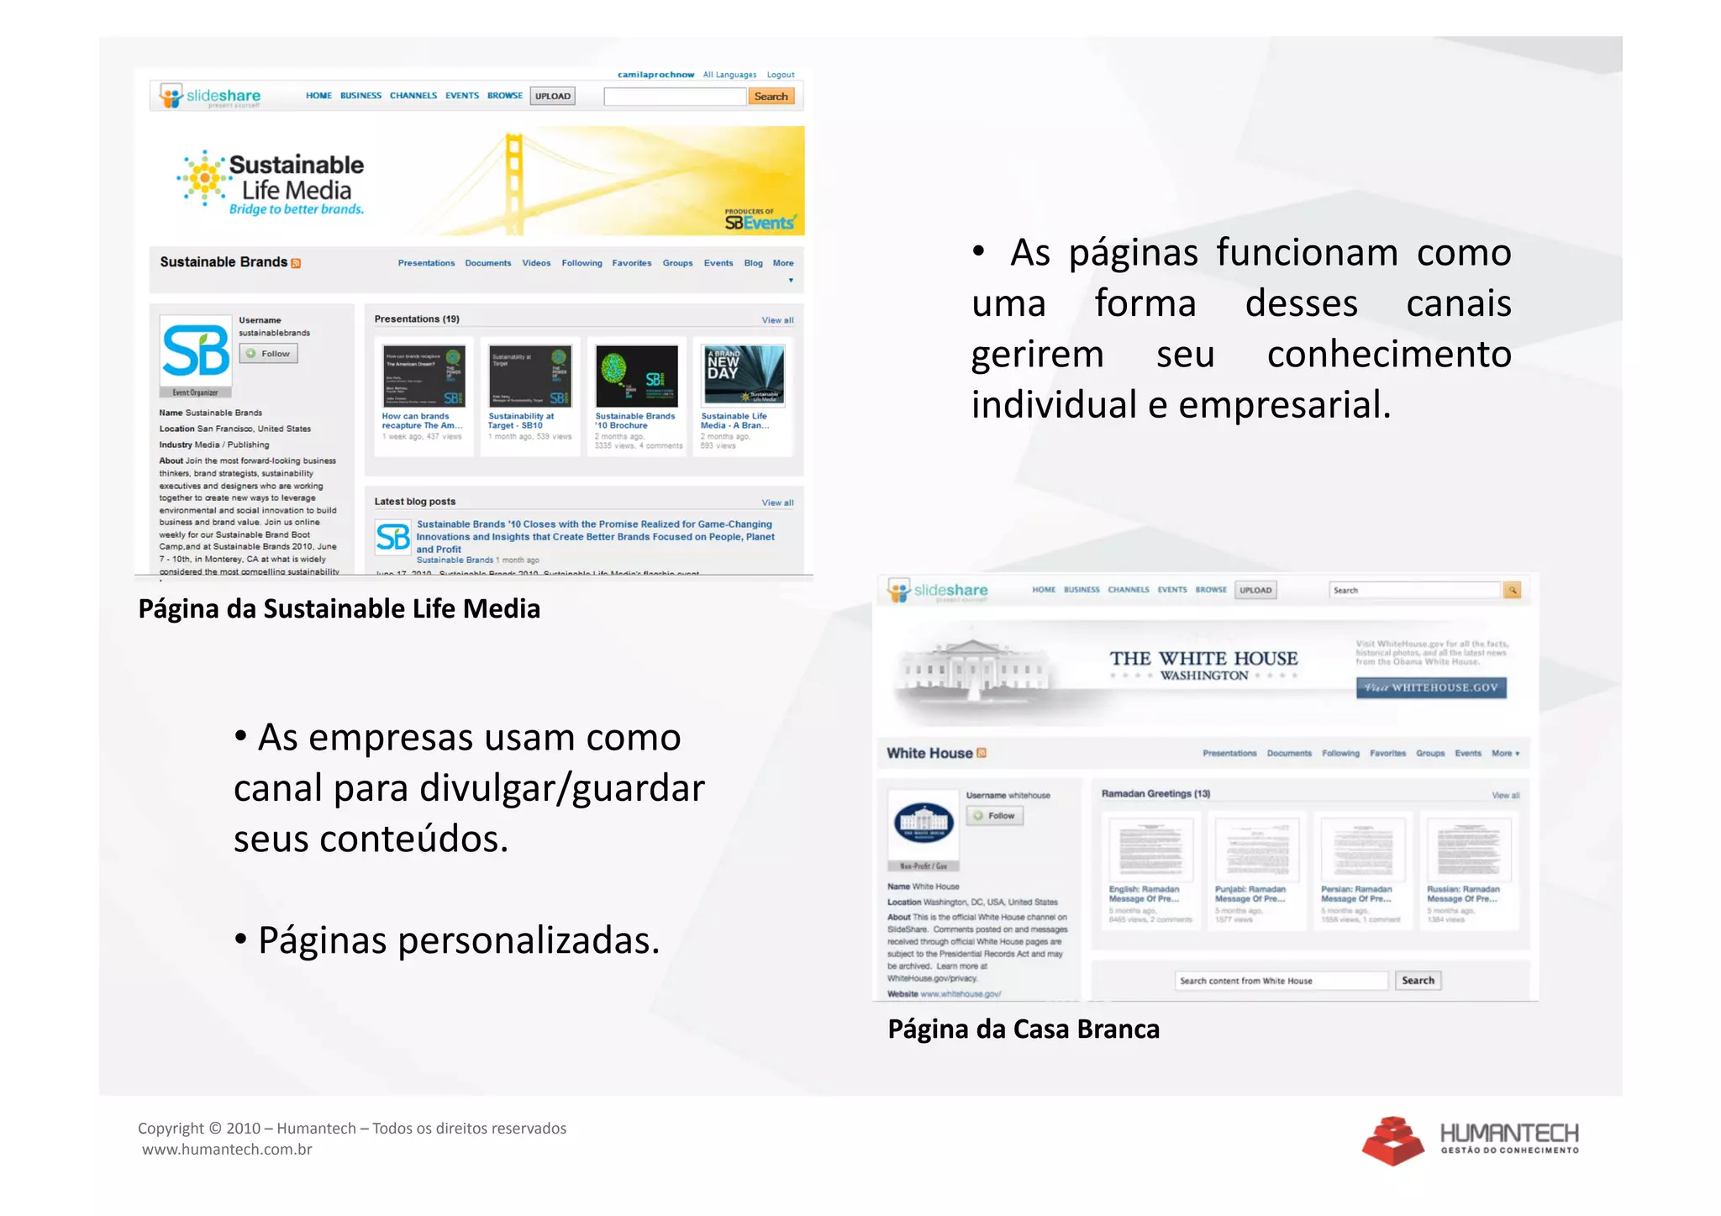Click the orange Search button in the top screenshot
coord(771,97)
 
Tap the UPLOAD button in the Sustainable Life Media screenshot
coord(553,96)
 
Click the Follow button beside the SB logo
coord(269,354)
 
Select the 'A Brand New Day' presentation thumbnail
coord(744,376)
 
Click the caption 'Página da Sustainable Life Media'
coord(339,608)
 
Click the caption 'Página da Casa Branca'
coord(1024,1029)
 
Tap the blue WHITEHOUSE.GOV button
coord(1431,687)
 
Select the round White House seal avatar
coord(924,822)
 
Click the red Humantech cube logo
coord(1392,1140)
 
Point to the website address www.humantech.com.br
coord(227,1150)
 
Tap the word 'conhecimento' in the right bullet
coord(1389,354)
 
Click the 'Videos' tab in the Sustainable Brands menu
coord(536,263)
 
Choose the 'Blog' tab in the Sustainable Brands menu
coord(753,263)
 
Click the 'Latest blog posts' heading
coord(415,502)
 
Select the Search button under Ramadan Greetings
coord(1418,981)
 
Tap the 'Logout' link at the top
coord(780,75)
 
